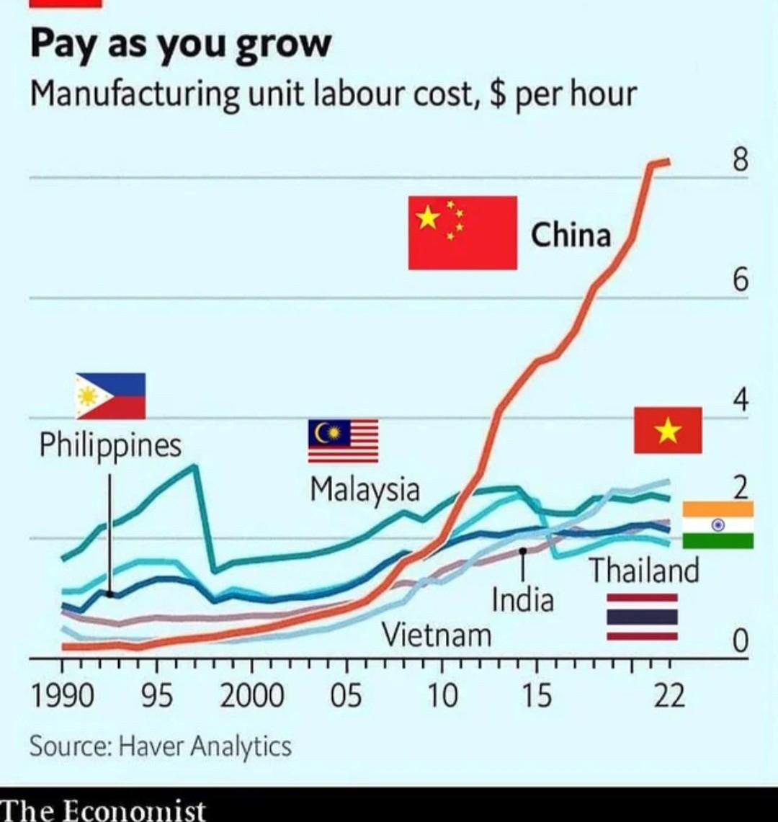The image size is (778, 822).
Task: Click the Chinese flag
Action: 462,233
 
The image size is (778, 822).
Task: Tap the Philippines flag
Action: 111,396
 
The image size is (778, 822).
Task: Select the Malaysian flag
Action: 343,441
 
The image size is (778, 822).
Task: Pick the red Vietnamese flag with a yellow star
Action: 668,430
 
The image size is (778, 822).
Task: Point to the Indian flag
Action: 717,525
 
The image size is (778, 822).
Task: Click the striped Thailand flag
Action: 642,617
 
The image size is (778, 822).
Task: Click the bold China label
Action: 571,236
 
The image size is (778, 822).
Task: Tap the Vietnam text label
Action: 437,635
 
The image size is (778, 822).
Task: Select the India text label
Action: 523,599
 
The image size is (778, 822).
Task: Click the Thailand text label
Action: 645,571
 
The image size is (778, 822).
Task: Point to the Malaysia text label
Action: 365,490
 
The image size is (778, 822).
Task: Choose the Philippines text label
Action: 110,445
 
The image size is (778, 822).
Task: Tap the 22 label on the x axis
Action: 669,696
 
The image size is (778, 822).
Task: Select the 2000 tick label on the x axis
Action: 251,696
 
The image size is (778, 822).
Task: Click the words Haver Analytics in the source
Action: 205,746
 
